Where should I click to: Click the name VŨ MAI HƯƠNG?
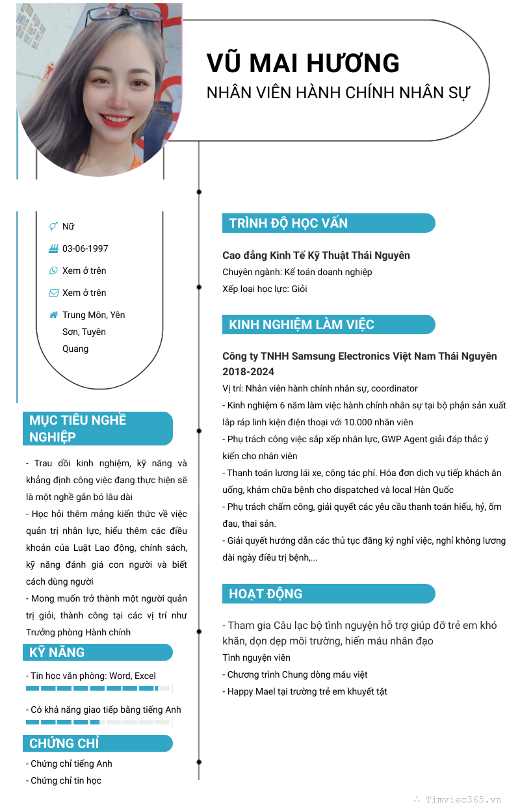tap(303, 64)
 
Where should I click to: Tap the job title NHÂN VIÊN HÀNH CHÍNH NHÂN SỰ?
tap(338, 92)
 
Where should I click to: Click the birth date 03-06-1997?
tap(85, 248)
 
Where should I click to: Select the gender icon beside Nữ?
tap(53, 226)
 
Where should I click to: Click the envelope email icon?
tap(53, 293)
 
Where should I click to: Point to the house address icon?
tap(53, 315)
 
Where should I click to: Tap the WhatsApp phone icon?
tap(53, 271)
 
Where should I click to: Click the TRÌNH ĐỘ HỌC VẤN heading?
tap(289, 223)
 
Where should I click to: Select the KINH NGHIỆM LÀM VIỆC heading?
tap(302, 325)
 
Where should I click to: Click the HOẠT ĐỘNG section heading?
tap(266, 594)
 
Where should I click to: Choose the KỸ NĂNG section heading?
tap(57, 652)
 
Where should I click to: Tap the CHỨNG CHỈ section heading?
tap(64, 743)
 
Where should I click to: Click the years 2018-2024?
tap(248, 372)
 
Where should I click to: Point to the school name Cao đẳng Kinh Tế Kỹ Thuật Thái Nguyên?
tap(316, 255)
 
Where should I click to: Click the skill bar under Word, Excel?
tap(97, 688)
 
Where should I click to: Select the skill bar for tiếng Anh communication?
tap(97, 722)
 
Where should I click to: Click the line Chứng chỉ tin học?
tap(64, 780)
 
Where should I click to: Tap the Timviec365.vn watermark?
tap(463, 799)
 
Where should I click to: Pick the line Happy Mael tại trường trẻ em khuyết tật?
tap(305, 691)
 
